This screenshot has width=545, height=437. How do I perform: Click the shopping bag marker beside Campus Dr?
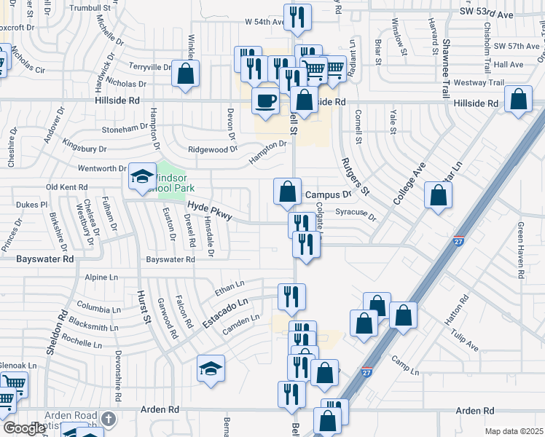(288, 192)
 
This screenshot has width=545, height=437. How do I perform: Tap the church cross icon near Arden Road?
(109, 419)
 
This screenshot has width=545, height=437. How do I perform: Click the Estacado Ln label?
(226, 308)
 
